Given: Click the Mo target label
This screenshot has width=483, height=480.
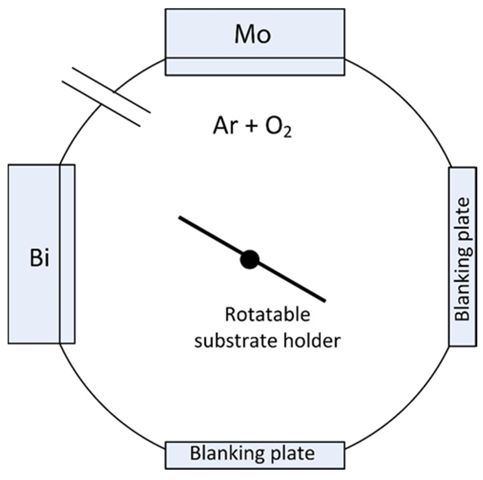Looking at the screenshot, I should tap(253, 35).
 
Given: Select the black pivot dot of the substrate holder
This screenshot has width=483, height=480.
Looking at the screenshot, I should tap(250, 259).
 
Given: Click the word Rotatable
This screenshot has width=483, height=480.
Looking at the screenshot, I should tap(267, 315).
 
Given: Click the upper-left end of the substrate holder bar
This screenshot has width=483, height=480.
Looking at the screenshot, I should tap(180, 218).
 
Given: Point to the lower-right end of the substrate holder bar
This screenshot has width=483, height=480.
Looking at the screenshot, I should tap(324, 300).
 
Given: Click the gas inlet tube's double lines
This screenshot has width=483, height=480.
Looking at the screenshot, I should tap(106, 97).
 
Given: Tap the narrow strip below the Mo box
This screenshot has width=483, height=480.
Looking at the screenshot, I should tap(255, 66).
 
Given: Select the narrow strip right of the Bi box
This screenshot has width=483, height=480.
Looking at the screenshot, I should tap(67, 254).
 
